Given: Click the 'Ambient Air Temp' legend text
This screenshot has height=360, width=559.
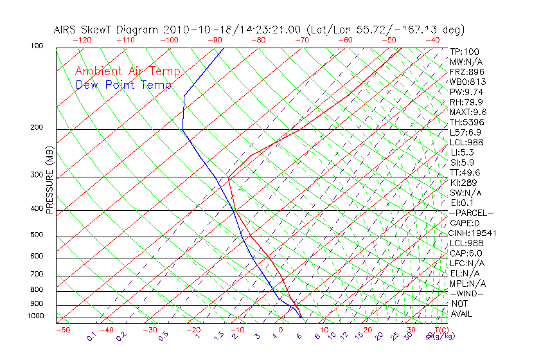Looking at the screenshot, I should [127, 71].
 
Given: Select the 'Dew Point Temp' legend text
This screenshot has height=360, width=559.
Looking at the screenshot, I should [123, 85].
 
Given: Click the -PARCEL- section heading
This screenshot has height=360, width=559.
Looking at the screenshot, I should [472, 213].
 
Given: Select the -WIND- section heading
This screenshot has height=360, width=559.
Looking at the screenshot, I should [467, 293].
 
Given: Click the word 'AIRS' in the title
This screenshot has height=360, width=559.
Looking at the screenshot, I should [67, 30].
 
